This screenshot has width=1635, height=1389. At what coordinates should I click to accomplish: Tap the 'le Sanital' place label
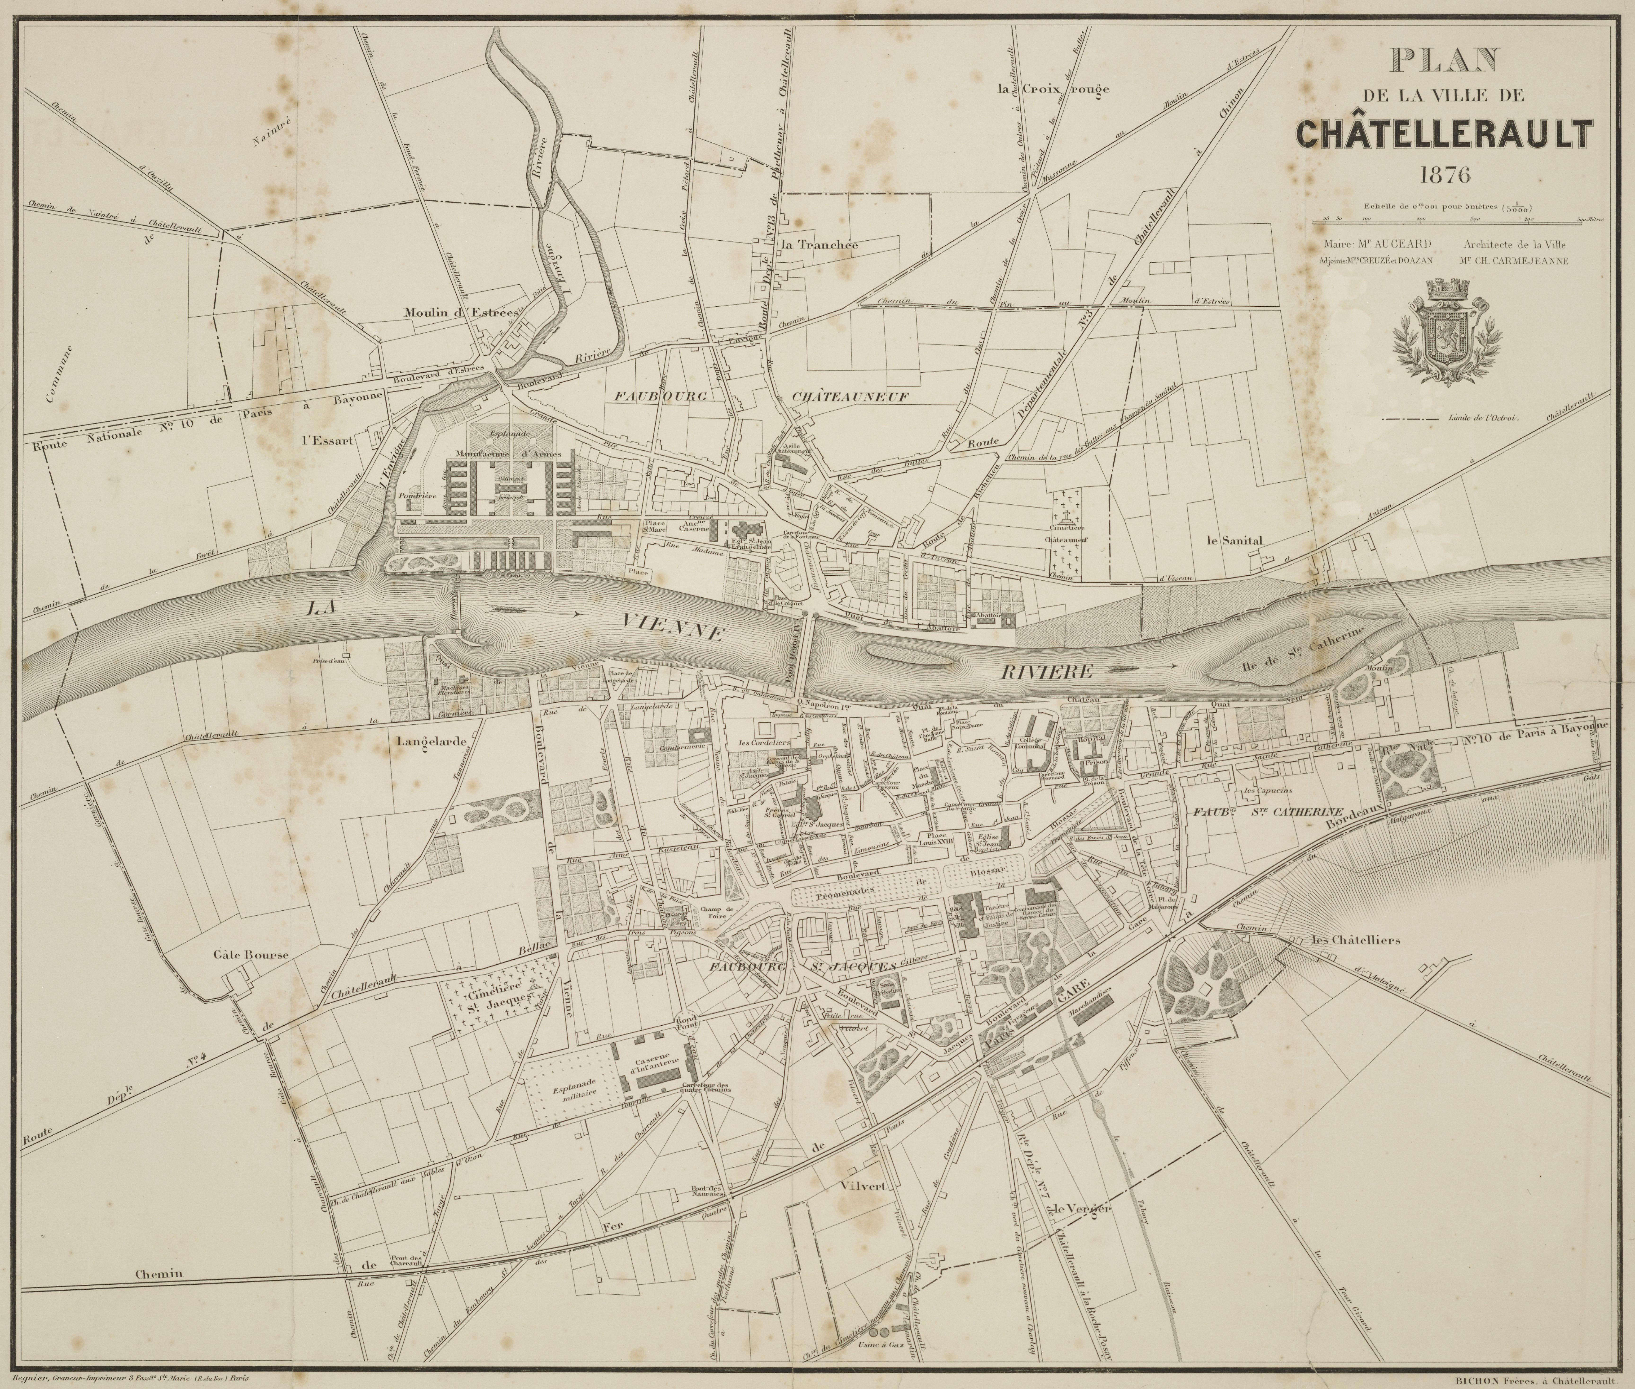click(1234, 541)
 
